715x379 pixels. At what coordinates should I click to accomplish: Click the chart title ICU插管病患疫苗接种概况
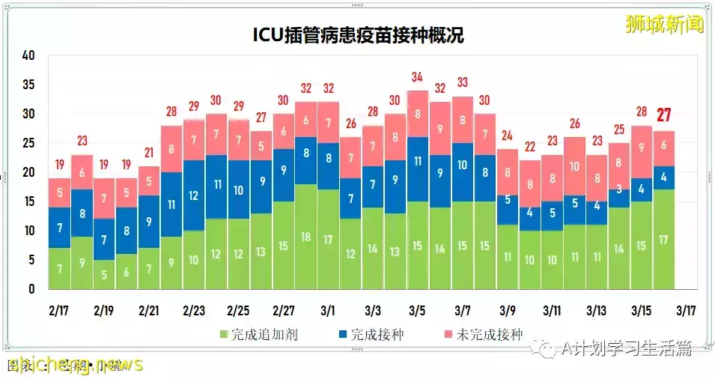point(357,35)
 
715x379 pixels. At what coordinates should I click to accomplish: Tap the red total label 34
point(418,77)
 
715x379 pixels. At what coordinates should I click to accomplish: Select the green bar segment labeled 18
point(305,237)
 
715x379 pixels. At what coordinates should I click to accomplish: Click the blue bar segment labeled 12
point(194,195)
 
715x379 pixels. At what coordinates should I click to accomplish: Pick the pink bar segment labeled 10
point(574,167)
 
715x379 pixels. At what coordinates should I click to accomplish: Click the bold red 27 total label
point(663,115)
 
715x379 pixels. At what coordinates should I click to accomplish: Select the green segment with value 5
point(104,274)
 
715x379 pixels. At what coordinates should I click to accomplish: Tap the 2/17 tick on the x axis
point(60,310)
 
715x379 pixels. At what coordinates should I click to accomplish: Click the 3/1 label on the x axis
point(329,310)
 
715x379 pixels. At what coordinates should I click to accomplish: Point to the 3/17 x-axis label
point(686,310)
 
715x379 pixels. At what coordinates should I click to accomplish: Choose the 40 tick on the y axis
point(29,55)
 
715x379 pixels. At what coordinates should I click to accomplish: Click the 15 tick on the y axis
point(29,201)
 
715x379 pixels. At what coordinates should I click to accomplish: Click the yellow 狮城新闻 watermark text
point(665,24)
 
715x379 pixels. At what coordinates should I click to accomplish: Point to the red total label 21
point(149,152)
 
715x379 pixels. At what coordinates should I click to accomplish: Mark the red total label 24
point(507,136)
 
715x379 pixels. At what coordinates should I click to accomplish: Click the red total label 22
point(529,147)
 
